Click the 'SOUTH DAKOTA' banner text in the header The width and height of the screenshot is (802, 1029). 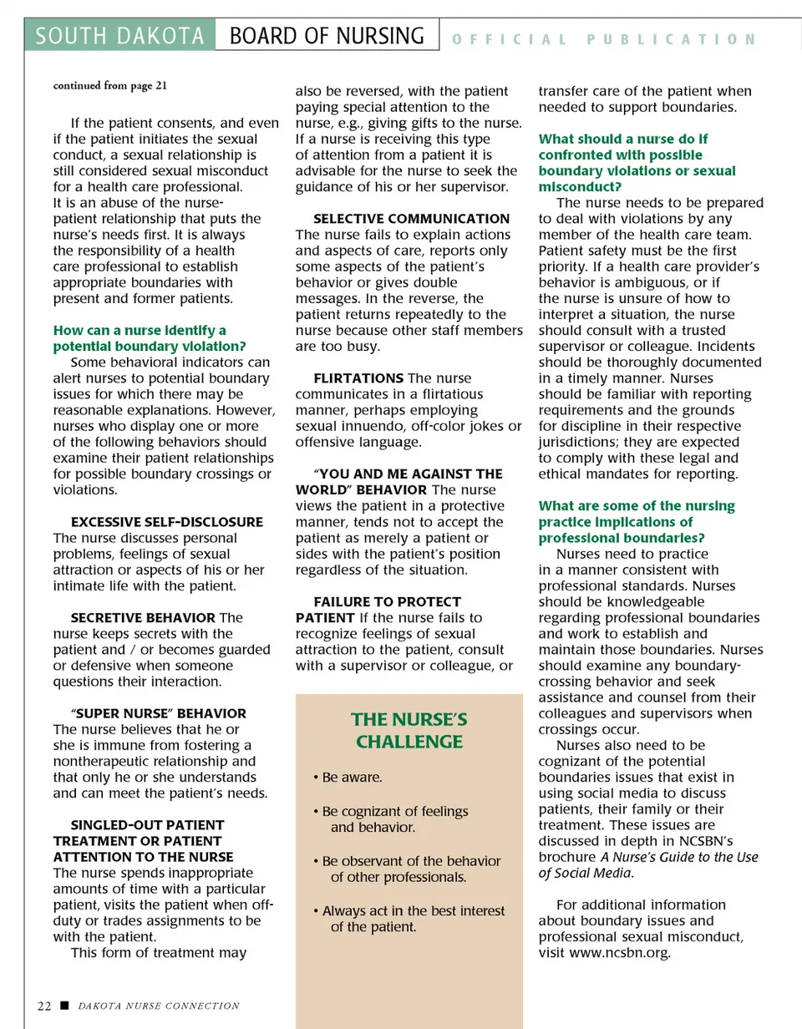(120, 37)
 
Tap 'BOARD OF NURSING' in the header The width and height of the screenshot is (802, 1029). (327, 37)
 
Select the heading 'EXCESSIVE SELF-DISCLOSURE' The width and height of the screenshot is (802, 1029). (166, 522)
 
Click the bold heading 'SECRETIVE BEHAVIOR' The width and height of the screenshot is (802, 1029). (143, 618)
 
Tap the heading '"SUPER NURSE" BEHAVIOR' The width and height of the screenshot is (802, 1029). (159, 713)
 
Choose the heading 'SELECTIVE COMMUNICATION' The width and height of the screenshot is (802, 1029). (411, 219)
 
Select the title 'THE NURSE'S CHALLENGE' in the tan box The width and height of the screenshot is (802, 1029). (409, 731)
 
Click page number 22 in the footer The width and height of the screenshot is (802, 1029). (45, 1006)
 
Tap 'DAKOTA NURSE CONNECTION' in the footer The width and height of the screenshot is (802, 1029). (159, 1006)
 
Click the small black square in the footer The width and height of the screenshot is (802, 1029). (64, 1006)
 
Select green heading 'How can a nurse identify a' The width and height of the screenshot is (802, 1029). (140, 331)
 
